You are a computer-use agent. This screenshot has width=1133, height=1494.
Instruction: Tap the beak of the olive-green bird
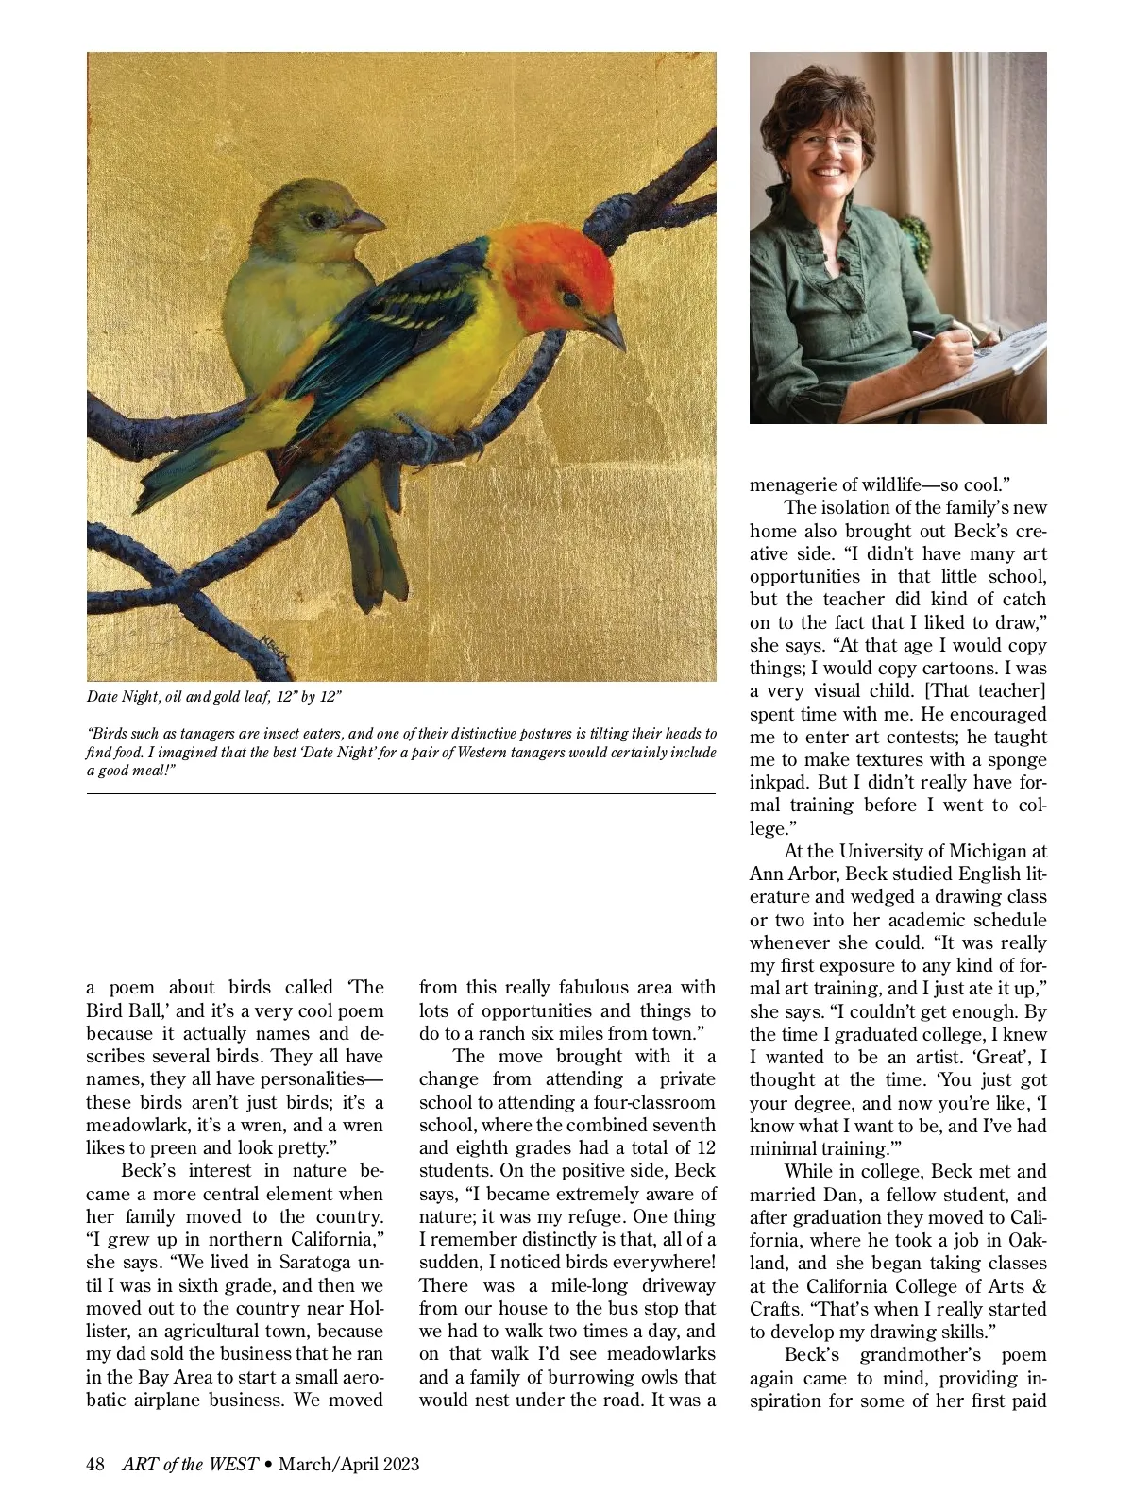point(365,224)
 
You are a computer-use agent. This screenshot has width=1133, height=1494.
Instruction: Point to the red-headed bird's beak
point(607,330)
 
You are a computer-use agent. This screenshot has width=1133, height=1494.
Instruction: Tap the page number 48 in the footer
point(94,1464)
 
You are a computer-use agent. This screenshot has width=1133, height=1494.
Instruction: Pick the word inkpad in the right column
point(779,783)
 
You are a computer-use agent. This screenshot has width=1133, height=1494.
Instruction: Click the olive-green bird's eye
point(314,218)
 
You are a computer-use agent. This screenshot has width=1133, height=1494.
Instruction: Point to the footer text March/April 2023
point(349,1464)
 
